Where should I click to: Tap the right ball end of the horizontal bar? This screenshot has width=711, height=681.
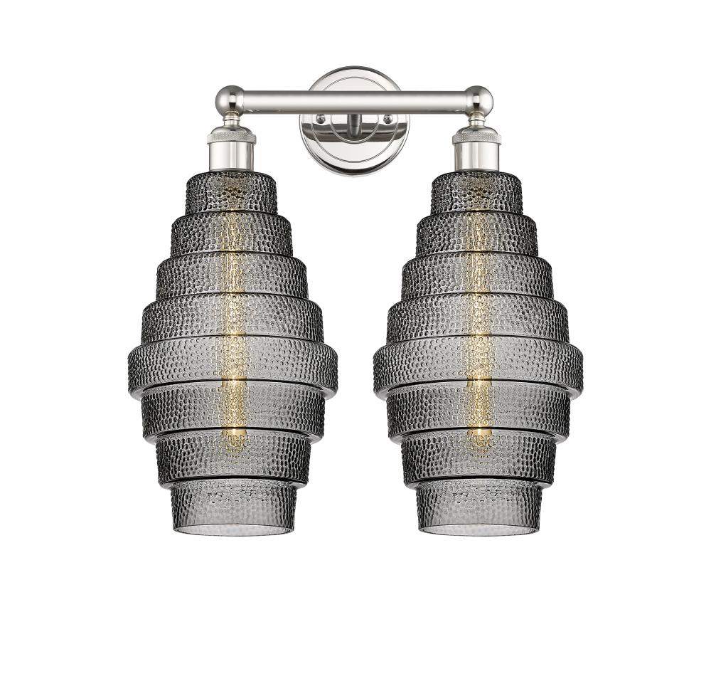479,100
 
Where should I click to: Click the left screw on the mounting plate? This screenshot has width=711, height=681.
321,119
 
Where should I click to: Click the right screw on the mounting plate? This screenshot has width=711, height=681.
387,119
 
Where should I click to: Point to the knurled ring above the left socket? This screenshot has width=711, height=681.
230,133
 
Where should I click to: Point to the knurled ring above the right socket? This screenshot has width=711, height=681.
478,133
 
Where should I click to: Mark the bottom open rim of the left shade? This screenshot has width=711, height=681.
231,531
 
